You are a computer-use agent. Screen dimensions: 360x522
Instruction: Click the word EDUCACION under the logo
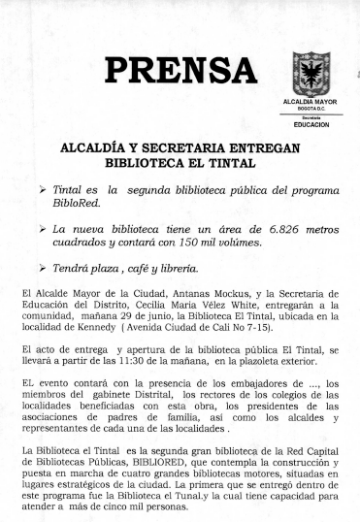[x=311, y=125]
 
